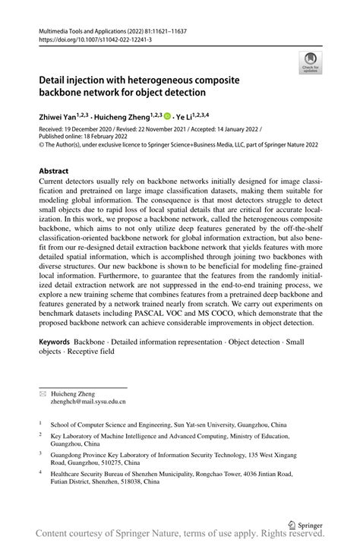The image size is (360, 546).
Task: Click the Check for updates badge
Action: point(311,63)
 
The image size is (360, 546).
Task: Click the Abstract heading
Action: point(58,172)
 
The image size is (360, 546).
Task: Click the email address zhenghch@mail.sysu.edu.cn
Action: point(88,402)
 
